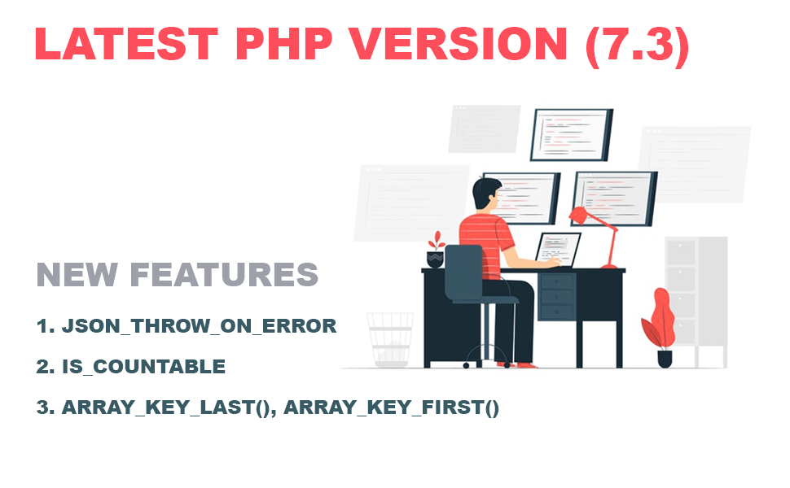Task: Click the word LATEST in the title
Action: tap(126, 44)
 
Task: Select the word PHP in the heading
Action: tap(283, 44)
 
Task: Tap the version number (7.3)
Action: tap(637, 46)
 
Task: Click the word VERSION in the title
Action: tap(459, 44)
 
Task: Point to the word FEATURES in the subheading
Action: tap(224, 275)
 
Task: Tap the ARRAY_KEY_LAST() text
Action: tap(166, 407)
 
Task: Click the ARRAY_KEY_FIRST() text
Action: tap(391, 407)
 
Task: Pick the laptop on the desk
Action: tap(557, 250)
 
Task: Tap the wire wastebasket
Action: tap(390, 340)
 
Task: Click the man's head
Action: tap(486, 194)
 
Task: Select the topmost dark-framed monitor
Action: tap(572, 135)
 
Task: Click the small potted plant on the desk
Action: tap(436, 250)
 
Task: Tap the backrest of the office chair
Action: tap(463, 272)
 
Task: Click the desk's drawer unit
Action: tap(557, 297)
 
